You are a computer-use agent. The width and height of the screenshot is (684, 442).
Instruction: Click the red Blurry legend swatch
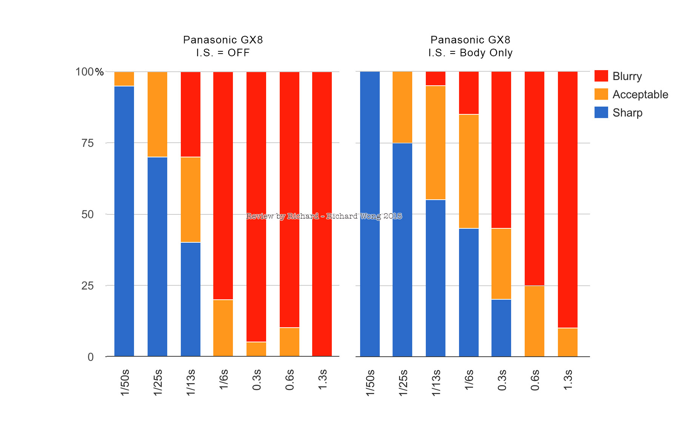point(601,76)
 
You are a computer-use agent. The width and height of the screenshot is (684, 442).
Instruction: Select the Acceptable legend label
point(640,94)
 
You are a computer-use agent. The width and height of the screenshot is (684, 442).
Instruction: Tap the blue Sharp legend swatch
point(601,112)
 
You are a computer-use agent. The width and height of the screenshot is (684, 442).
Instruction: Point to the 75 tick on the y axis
point(88,143)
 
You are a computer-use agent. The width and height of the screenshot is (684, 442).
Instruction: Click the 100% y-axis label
point(89,72)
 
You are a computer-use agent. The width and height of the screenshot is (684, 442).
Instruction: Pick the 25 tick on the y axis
point(88,286)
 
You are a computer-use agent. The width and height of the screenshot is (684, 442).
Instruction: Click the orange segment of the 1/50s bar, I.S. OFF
point(124,79)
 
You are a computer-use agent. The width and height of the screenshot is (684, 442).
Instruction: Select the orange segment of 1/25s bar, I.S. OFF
point(157,114)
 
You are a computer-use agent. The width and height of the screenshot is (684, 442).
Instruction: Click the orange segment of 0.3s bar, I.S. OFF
point(256,349)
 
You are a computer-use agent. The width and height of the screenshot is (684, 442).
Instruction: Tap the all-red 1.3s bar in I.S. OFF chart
point(322,214)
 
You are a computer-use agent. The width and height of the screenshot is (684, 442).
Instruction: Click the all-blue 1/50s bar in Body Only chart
point(370,214)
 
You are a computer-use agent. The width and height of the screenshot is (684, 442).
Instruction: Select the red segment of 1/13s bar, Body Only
point(436,79)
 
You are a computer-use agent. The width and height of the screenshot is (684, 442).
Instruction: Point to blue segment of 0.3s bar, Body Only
point(501,328)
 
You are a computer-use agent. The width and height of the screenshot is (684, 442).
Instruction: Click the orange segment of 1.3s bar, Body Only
point(568,342)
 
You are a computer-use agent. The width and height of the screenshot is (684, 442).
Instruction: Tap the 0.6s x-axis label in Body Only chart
point(535,380)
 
